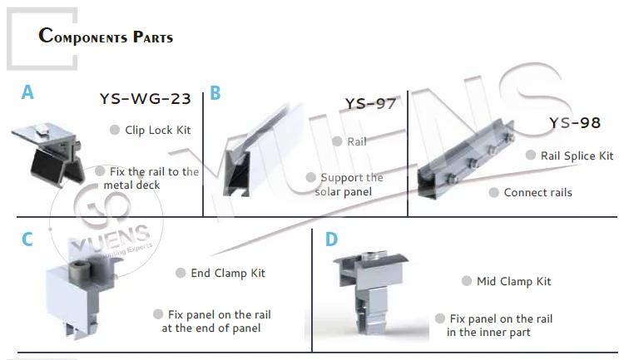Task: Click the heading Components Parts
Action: pos(106,37)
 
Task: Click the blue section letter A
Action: pos(28,92)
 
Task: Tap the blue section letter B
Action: pos(215,93)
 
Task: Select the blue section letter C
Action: pos(27,239)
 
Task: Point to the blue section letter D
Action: pos(331,239)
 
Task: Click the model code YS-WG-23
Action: pos(146,100)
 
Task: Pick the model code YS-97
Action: pos(370,104)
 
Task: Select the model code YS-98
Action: pos(574,123)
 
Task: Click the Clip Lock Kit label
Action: pos(158,130)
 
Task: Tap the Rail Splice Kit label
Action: pos(577,155)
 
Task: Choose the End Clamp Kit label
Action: pos(228,273)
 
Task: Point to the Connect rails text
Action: pos(537,192)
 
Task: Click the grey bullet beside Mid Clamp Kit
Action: pos(467,281)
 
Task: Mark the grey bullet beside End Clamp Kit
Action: pos(181,273)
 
